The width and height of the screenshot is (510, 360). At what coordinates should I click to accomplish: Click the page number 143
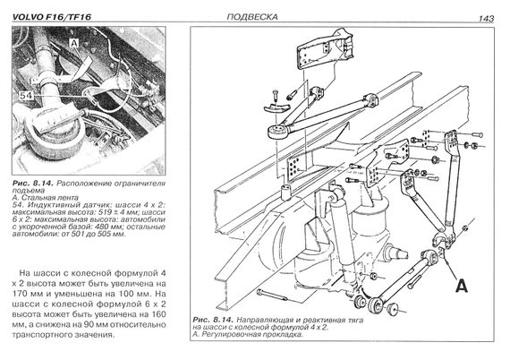(486, 19)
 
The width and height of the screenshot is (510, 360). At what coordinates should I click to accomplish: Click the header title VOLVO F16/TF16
(52, 17)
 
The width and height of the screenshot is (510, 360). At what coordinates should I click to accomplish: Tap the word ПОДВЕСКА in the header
(252, 17)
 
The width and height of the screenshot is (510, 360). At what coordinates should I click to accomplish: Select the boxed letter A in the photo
(74, 43)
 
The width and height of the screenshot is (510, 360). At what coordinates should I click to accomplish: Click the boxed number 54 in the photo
(26, 96)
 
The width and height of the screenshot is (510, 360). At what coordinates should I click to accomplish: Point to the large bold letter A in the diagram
(462, 286)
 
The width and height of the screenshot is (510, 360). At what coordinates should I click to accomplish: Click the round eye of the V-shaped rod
(277, 131)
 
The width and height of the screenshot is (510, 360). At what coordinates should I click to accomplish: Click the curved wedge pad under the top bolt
(276, 107)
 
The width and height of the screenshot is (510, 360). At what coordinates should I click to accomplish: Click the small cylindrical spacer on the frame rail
(286, 193)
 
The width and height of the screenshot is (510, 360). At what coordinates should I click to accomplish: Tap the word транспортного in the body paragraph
(41, 335)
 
